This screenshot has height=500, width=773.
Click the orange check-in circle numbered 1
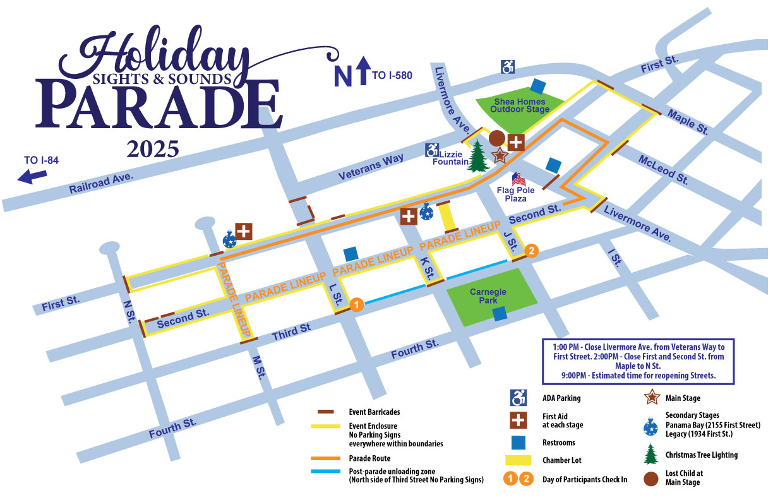[356, 306]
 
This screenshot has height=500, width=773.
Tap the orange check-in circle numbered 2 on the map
[532, 251]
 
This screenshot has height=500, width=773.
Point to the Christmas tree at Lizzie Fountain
[478, 157]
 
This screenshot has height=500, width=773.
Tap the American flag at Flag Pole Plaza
[518, 179]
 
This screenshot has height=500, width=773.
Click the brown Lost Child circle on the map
[497, 138]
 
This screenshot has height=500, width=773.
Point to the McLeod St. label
[662, 169]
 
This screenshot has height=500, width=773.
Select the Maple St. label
[687, 122]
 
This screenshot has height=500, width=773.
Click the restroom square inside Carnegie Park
[500, 314]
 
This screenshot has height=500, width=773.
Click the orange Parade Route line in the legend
[325, 459]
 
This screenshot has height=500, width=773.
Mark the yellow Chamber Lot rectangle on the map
[448, 218]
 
